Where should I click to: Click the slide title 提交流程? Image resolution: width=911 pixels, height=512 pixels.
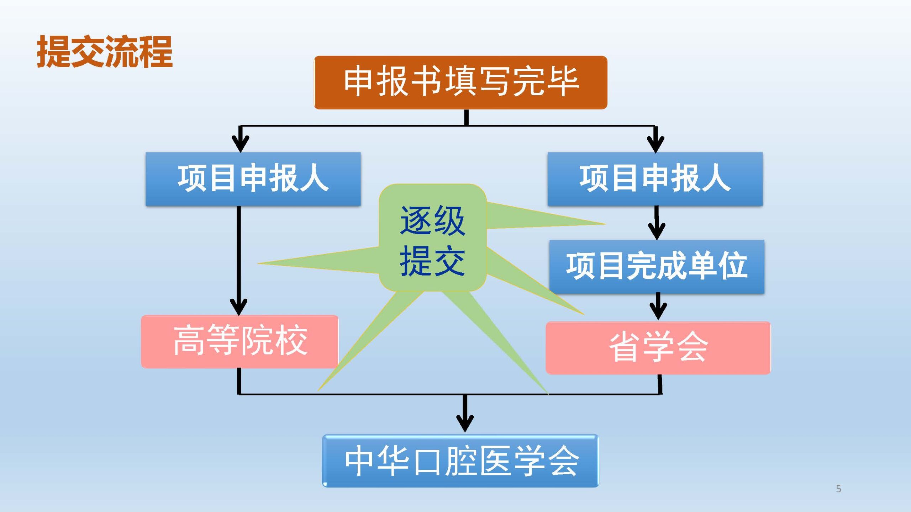click(105, 52)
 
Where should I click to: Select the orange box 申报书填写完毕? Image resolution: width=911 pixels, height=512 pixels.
click(460, 82)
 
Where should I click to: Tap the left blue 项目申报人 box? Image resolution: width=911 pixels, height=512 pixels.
click(253, 179)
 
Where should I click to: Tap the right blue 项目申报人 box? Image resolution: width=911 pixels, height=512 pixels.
click(655, 179)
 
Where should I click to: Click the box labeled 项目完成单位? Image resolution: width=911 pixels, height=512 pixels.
click(657, 267)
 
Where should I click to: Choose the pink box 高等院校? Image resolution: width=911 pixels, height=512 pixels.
click(239, 341)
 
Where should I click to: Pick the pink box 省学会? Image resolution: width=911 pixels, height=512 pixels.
click(658, 347)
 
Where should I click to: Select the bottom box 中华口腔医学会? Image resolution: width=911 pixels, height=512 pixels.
click(460, 460)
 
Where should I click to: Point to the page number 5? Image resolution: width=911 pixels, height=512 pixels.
click(839, 489)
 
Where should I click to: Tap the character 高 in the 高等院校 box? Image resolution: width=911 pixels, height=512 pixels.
click(189, 341)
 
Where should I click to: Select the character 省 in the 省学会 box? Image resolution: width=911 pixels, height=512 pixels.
click(625, 347)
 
